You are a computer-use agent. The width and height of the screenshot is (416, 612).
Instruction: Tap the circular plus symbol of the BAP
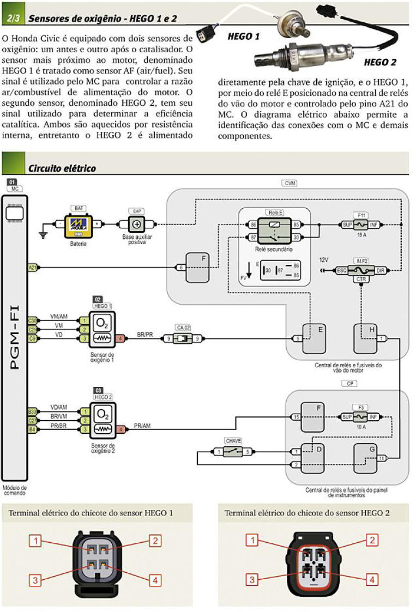coord(136,224)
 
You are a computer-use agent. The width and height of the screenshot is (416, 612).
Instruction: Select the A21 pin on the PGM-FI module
coord(33,268)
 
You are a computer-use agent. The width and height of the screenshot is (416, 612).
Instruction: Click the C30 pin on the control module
coord(33,320)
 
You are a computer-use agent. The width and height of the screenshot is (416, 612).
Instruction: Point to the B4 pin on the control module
coord(33,429)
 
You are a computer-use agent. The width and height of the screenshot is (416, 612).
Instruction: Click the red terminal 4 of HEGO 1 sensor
coord(122,339)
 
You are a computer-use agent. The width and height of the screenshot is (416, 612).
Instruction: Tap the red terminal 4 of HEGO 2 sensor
coord(122,429)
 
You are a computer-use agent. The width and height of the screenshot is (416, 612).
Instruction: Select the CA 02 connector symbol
coord(183,339)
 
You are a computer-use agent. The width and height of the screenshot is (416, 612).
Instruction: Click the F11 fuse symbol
coord(360,225)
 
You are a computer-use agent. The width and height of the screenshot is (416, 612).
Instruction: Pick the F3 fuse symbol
coord(360,417)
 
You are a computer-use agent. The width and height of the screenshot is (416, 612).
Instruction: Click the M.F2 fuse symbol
coord(360,270)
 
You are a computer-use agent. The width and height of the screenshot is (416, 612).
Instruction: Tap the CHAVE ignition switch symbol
coord(233,452)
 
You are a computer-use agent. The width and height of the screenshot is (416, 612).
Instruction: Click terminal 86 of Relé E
coord(253,225)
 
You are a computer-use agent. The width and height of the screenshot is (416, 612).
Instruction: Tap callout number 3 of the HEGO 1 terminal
coord(35,580)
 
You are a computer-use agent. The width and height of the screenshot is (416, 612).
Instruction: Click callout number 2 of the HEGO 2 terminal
coord(372,540)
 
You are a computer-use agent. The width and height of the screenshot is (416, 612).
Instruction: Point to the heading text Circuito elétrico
coord(62,168)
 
